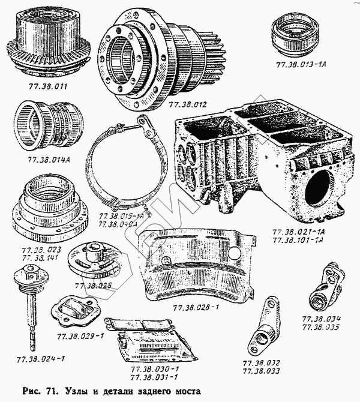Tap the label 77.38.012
[187, 104]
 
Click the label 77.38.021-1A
[298, 231]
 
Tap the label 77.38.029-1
[80, 335]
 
